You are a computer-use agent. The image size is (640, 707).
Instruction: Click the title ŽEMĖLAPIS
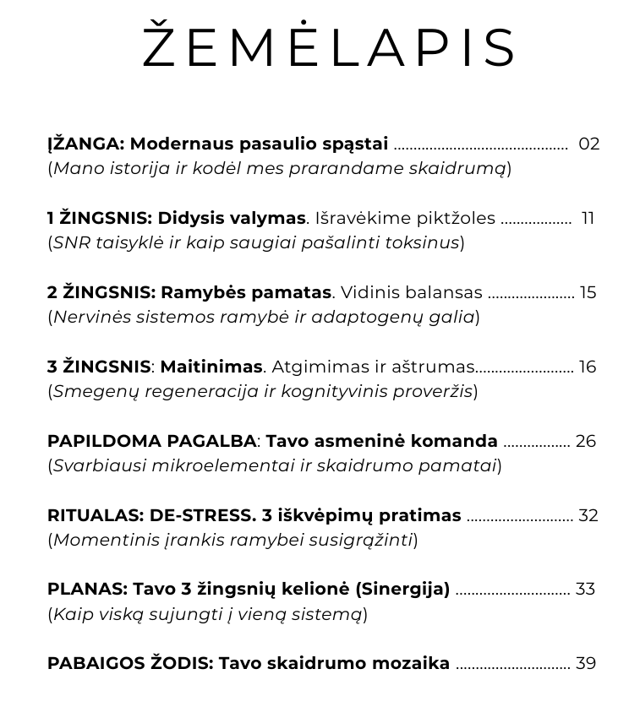329,47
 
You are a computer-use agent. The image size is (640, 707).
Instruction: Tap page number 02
588,144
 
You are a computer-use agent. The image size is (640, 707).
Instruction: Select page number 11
588,218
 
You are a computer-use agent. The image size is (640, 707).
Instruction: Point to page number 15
588,292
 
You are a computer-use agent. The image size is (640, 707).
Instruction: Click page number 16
587,367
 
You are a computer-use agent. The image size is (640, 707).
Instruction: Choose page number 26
586,441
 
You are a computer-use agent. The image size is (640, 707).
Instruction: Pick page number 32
587,515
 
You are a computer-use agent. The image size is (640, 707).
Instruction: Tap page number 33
585,589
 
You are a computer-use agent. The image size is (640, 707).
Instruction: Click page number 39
586,663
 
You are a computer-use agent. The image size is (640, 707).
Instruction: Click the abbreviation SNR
71,242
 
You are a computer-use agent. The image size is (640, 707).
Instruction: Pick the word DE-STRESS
202,515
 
